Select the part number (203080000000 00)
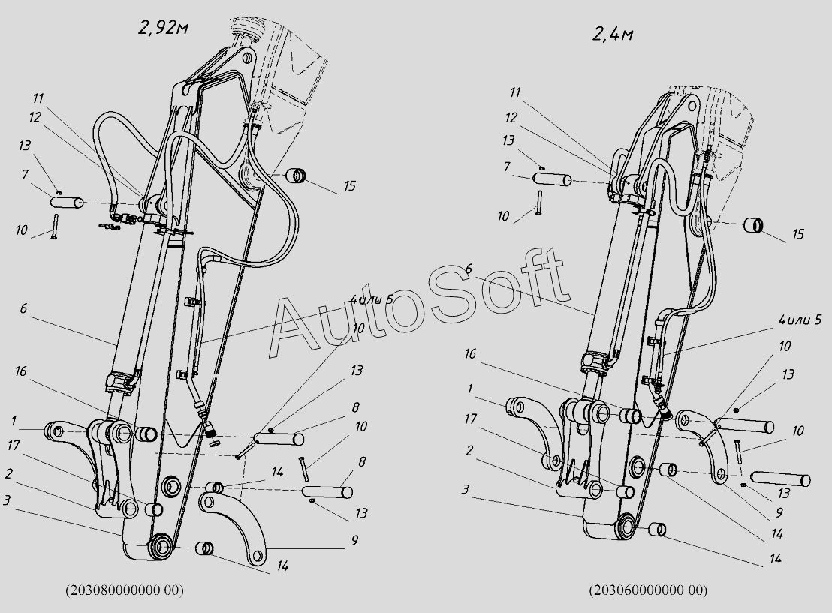click(125, 590)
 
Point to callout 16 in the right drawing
click(471, 353)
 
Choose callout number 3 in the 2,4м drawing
click(466, 489)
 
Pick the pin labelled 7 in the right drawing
click(552, 180)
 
